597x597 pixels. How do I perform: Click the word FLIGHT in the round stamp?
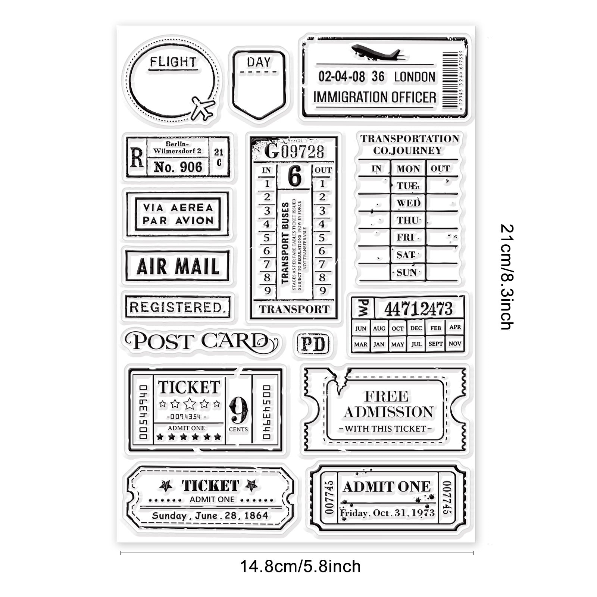(x=173, y=62)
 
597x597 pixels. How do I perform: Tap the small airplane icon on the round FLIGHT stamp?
(x=203, y=108)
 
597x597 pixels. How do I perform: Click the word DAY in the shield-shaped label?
(x=259, y=62)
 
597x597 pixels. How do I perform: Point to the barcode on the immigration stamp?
(x=450, y=80)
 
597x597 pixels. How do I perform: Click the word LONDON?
(x=415, y=77)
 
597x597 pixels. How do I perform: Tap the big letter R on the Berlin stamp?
(x=137, y=157)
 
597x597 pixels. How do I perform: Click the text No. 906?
(x=178, y=167)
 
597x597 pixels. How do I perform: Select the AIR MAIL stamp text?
(x=178, y=266)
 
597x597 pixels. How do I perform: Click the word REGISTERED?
(x=176, y=307)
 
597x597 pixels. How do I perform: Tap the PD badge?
(x=313, y=344)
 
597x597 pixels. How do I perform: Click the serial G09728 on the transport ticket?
(x=294, y=151)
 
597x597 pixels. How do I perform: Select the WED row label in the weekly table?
(x=408, y=203)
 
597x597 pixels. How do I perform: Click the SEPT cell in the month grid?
(x=435, y=344)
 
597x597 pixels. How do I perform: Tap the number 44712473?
(x=418, y=309)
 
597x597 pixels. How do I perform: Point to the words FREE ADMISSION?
(x=388, y=404)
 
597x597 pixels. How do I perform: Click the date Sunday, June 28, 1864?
(x=210, y=516)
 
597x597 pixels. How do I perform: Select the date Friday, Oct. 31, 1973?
(x=387, y=513)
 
